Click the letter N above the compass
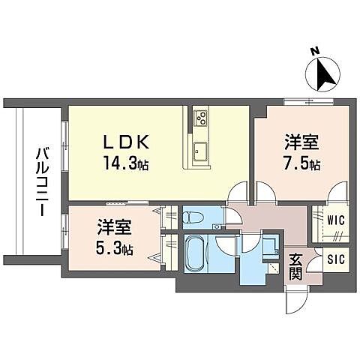click(315, 53)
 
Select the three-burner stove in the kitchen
click(202, 117)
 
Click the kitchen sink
click(201, 149)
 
